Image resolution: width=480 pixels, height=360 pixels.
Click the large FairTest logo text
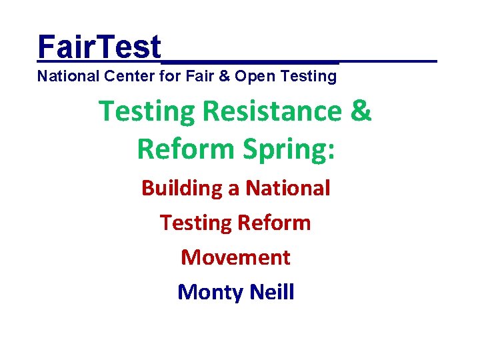click(x=99, y=47)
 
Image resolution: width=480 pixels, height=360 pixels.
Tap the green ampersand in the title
click(x=361, y=111)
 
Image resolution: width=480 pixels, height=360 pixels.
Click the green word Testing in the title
click(x=147, y=113)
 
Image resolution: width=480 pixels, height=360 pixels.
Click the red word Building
click(x=182, y=189)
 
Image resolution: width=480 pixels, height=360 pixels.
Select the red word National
click(x=288, y=188)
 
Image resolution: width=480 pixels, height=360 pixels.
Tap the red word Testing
click(x=194, y=223)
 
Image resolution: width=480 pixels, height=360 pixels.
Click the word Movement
click(x=236, y=257)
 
